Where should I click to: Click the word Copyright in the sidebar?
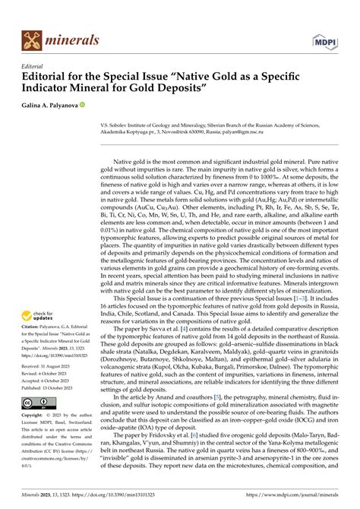coord(38,416)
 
